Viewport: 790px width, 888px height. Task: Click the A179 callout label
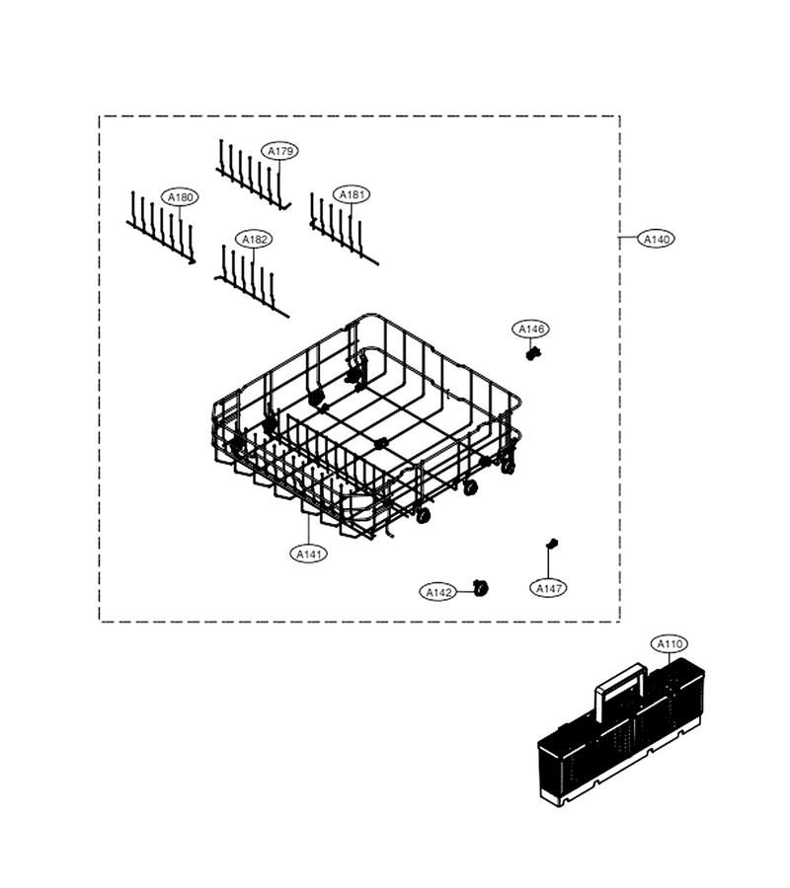click(280, 151)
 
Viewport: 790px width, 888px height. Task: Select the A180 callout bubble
click(180, 197)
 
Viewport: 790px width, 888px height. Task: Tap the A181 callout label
click(352, 194)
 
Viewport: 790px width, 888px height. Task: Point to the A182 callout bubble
click(254, 240)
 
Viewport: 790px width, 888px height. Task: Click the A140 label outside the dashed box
click(657, 239)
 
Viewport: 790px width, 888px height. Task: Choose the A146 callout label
click(531, 329)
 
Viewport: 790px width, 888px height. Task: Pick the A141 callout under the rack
click(309, 554)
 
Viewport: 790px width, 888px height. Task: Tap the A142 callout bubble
click(438, 592)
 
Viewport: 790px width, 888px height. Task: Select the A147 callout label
click(549, 588)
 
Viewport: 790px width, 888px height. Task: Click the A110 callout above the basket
click(670, 644)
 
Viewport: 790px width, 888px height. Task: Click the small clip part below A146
click(532, 354)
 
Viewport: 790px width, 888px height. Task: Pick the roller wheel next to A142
click(481, 588)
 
